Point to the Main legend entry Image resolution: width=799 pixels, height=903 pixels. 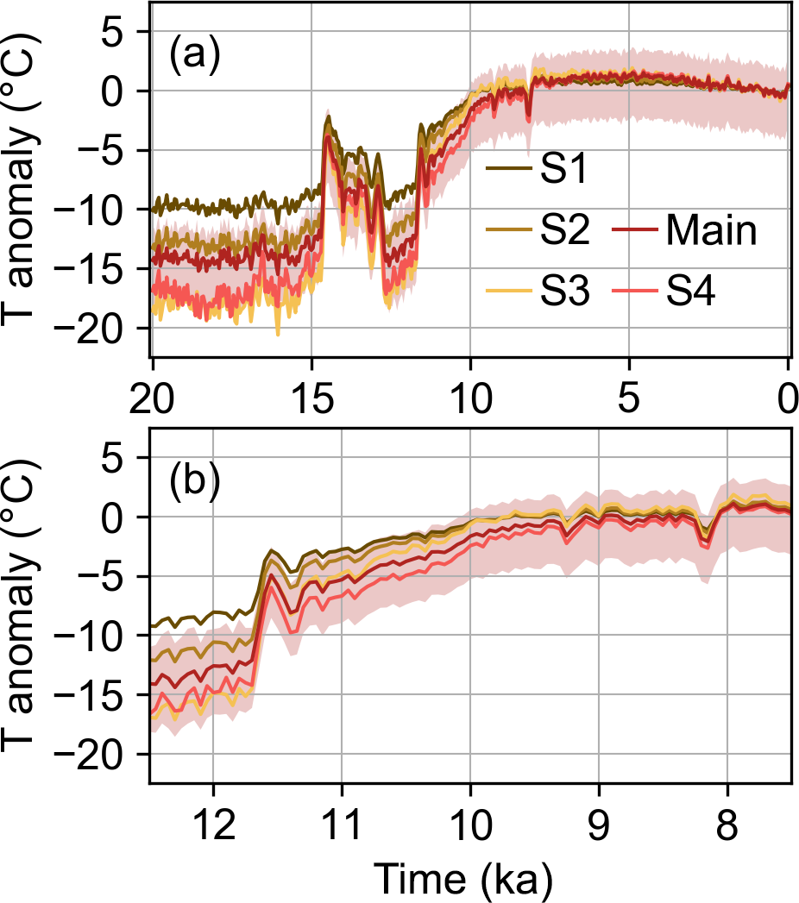[x=710, y=231]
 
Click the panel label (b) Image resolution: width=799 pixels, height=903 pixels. [x=194, y=481]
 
